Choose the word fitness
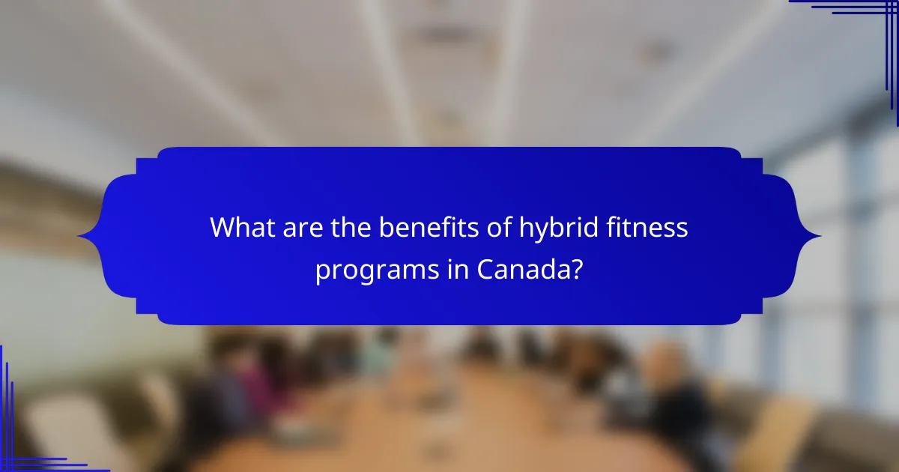[x=646, y=226]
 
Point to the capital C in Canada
[x=487, y=269]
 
